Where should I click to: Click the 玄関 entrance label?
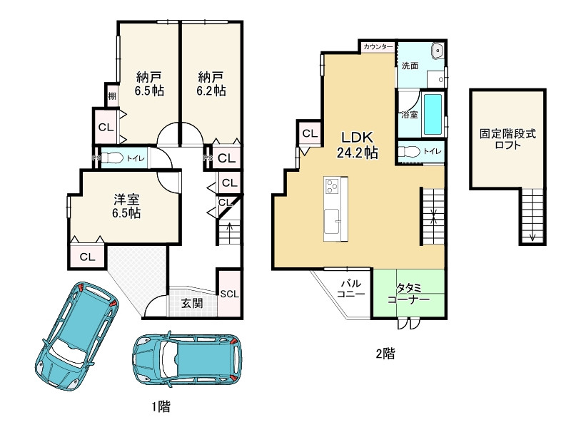[x=192, y=303]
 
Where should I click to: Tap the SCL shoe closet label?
[x=229, y=294]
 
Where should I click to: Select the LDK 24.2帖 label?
[x=357, y=145]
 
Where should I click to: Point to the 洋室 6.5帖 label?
[x=126, y=206]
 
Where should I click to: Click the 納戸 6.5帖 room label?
[x=149, y=83]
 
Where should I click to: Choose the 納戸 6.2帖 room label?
[x=211, y=83]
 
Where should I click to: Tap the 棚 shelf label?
[x=112, y=96]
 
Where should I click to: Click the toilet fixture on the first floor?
[x=111, y=158]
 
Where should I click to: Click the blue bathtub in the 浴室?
[x=433, y=114]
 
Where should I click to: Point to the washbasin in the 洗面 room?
[x=437, y=50]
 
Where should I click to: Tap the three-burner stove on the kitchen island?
[x=332, y=186]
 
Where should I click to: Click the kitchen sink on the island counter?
[x=332, y=222]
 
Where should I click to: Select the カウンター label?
[x=378, y=47]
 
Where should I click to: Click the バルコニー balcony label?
[x=350, y=289]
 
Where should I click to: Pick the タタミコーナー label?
[x=408, y=294]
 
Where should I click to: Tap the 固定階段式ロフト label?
[x=507, y=139]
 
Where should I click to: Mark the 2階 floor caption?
[x=385, y=353]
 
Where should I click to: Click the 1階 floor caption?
[x=161, y=406]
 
